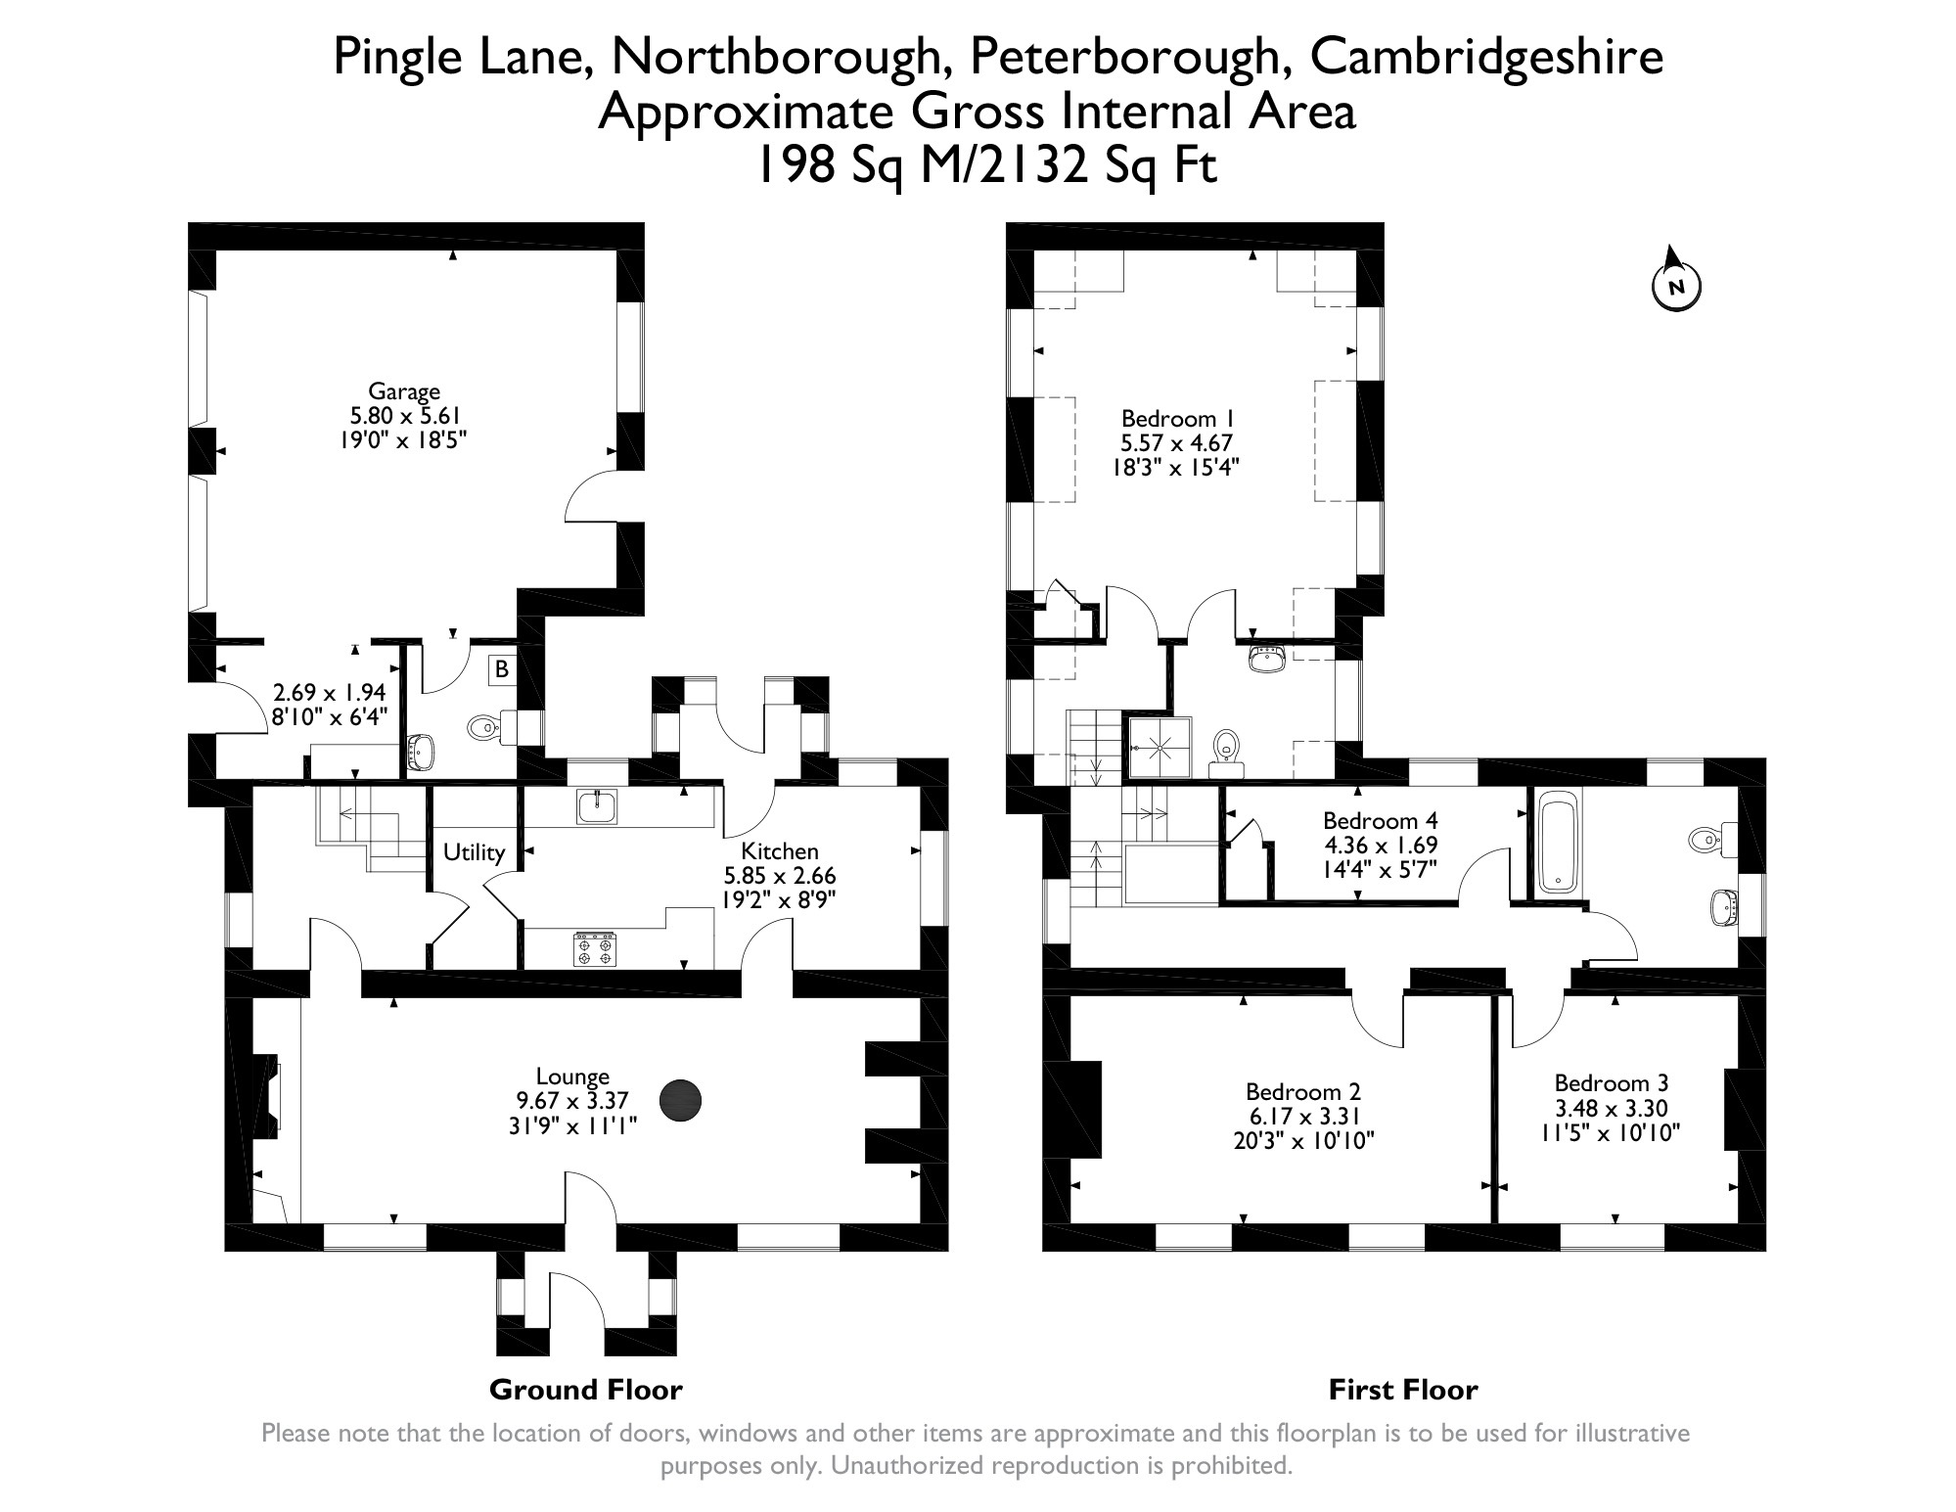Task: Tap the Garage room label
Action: tap(403, 391)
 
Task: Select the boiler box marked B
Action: tap(502, 669)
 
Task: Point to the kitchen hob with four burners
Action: tap(595, 950)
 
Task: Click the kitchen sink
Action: tap(596, 806)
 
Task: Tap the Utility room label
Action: tap(474, 852)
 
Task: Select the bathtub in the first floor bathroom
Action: tap(1560, 843)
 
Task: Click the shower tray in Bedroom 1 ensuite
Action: tap(1160, 749)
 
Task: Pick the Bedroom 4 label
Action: tap(1380, 820)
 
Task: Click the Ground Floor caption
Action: tap(585, 1390)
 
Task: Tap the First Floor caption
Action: tap(1402, 1390)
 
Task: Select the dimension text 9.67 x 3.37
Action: tap(572, 1100)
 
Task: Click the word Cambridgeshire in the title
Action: tap(1485, 57)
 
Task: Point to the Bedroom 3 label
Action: tap(1611, 1083)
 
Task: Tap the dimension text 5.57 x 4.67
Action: tap(1175, 443)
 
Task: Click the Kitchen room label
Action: tap(779, 851)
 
